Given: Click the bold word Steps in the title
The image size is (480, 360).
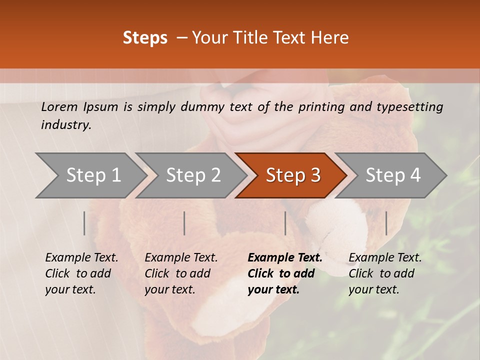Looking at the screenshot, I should (145, 38).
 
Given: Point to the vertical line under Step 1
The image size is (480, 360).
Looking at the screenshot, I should (84, 223).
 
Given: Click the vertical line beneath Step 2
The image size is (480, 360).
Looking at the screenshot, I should (184, 223).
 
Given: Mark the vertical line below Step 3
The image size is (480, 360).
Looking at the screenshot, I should (285, 223).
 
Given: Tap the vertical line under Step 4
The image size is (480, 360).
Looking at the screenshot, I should (386, 223).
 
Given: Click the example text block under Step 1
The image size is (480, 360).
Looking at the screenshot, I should (81, 273).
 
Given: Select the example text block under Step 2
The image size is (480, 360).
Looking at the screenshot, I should (181, 273).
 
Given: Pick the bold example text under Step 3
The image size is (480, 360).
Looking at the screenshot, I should (284, 273).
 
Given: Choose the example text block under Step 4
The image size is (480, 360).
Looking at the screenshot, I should (385, 273).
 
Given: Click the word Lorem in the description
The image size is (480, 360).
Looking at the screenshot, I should (59, 106).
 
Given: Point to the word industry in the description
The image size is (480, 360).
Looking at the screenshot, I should (66, 125).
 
